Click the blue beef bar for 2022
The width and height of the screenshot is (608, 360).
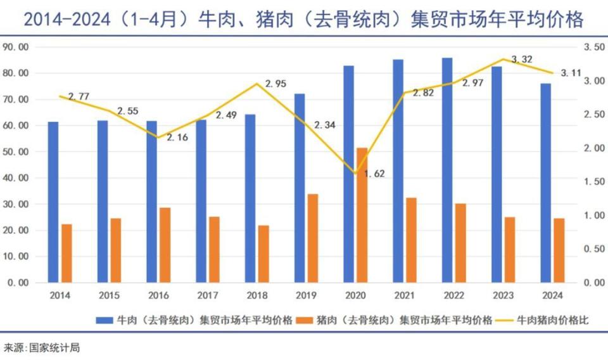coord(447,170)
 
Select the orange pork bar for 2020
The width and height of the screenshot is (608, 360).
coord(362,215)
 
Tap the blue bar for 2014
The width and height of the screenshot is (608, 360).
coord(53,202)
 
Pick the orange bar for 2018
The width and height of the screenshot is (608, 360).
coord(263,254)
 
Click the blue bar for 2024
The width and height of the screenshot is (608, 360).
coord(545,183)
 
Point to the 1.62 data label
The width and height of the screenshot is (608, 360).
coord(374,174)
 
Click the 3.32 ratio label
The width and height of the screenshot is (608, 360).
coord(522,60)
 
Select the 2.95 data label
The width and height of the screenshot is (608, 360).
coord(275,84)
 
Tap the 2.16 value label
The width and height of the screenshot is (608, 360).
coord(177,138)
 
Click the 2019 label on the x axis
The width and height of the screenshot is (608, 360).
coord(306,295)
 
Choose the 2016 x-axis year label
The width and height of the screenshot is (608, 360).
coord(158,295)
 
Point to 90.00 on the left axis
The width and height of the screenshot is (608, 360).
coord(15,47)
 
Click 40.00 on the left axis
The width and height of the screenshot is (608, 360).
coord(15,177)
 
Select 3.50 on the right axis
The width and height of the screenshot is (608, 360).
coord(595,47)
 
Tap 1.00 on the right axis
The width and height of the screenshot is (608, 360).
coord(595,215)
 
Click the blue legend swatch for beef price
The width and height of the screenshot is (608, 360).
coord(104,321)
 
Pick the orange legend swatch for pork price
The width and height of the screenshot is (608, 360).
coord(305,321)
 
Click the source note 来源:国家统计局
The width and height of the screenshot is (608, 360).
coord(42,347)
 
